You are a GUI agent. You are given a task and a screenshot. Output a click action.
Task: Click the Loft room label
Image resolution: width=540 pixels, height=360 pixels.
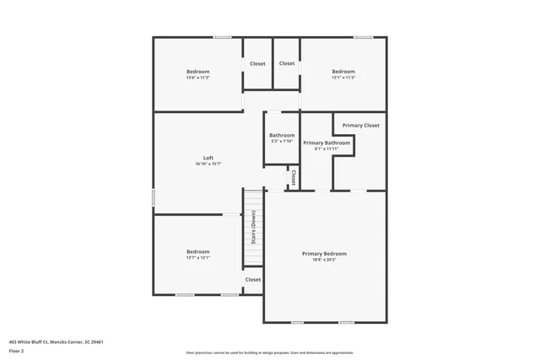(x=208, y=159)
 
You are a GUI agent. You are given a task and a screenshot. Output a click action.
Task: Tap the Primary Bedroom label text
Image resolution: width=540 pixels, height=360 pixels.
(x=324, y=253)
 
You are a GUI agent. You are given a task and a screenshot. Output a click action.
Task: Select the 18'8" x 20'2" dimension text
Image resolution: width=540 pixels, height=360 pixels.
(x=324, y=259)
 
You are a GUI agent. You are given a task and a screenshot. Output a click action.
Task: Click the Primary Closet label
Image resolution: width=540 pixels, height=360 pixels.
(x=360, y=126)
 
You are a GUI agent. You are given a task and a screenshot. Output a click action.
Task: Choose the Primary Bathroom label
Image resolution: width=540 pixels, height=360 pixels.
(x=327, y=143)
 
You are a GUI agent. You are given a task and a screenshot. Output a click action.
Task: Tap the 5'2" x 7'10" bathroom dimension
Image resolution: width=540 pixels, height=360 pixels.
(x=282, y=141)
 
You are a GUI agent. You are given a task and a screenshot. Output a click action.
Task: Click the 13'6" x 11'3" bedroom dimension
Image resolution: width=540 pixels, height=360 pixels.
(x=198, y=78)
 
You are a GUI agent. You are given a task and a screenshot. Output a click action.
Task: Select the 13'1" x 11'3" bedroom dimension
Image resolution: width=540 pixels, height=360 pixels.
(x=343, y=78)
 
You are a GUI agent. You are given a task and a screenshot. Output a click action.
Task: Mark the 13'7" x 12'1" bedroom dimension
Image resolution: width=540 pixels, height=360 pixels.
(x=198, y=257)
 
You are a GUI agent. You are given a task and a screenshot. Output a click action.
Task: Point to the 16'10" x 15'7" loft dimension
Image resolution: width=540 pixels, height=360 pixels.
(x=208, y=164)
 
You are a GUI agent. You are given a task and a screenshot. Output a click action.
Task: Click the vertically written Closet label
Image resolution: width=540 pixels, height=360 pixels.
(x=293, y=178)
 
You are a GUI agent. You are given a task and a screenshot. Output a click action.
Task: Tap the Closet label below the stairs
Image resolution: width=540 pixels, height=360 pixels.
(x=253, y=279)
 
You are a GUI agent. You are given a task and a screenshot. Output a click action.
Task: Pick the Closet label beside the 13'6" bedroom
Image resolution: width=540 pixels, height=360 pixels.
(x=257, y=64)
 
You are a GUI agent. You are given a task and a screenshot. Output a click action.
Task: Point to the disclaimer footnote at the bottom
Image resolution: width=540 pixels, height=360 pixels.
(x=270, y=352)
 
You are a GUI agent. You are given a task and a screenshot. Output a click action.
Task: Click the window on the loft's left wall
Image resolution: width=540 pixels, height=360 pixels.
(x=153, y=196)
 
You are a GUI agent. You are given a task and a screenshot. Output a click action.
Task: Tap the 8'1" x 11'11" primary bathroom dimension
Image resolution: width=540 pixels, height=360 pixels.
(x=326, y=149)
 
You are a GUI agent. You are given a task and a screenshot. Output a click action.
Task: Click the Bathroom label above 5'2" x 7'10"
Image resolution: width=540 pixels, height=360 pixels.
(x=282, y=135)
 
